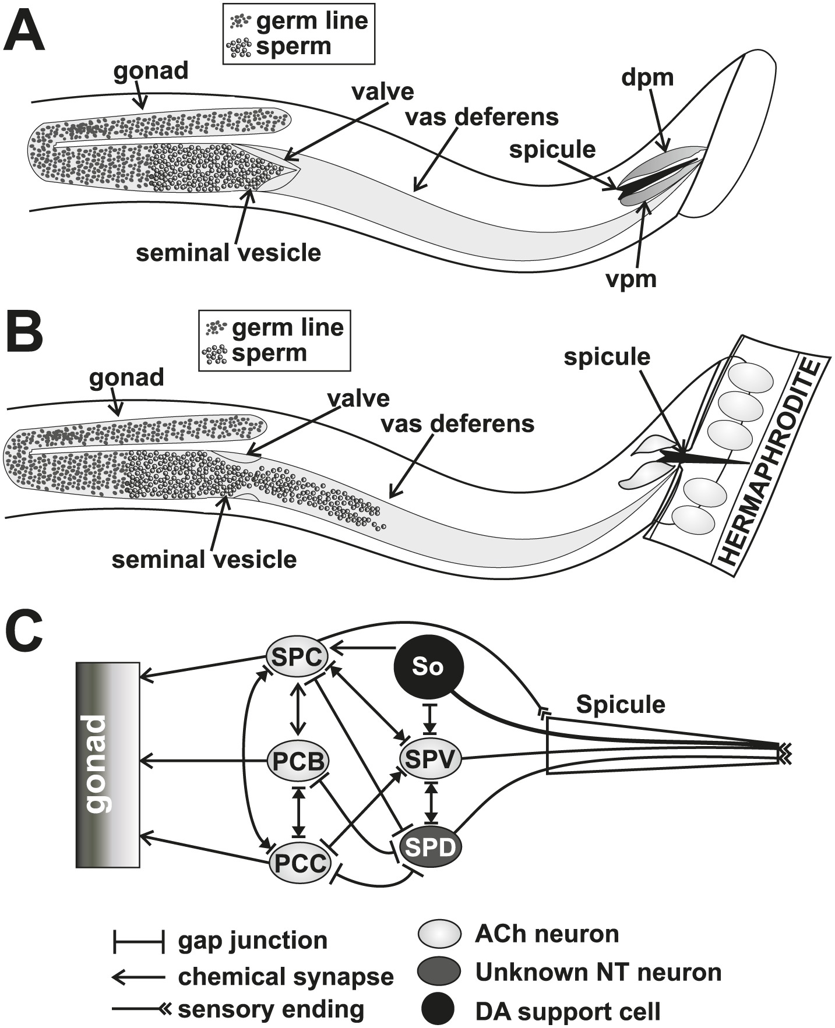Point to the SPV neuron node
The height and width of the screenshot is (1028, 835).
tap(430, 759)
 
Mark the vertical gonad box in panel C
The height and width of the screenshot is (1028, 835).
tap(108, 765)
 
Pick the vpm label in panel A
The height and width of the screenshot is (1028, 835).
tap(631, 279)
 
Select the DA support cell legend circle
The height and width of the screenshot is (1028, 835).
tap(439, 1012)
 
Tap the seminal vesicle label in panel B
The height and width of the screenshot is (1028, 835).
tap(204, 560)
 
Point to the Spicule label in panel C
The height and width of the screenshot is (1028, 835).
tap(621, 705)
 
